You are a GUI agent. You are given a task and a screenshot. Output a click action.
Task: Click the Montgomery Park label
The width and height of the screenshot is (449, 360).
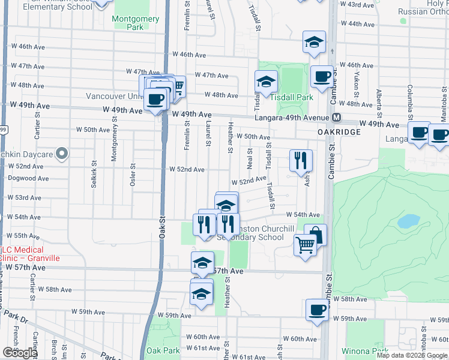coord(136,23)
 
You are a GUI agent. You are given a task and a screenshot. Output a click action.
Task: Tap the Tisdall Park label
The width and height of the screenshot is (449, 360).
coord(292,97)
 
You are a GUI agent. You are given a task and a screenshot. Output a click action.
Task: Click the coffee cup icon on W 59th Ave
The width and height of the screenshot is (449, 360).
coord(317,310)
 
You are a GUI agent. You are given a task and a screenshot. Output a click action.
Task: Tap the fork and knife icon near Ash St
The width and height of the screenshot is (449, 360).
coord(301,160)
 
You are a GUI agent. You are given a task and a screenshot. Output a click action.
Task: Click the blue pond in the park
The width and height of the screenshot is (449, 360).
coord(408,221)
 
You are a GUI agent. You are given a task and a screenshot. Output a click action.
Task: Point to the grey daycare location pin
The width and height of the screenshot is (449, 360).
coord(61,154)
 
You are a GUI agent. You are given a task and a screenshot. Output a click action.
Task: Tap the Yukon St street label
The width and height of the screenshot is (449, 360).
coord(356,85)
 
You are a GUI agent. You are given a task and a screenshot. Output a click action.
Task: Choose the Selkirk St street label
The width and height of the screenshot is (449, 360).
coord(94,174)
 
